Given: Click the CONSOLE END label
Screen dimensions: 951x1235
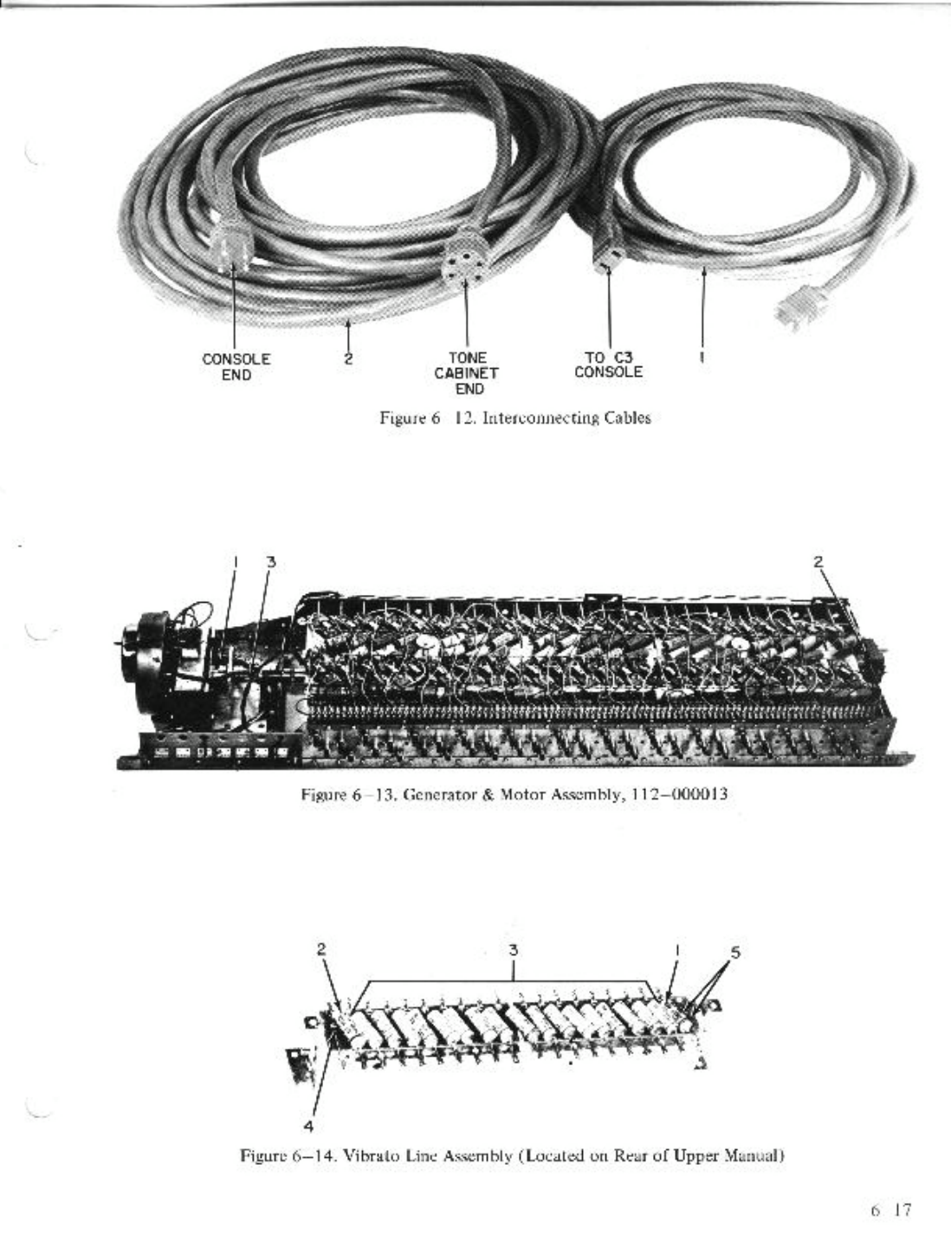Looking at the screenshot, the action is click(236, 366).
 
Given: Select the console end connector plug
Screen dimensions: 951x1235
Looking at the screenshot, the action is click(232, 242).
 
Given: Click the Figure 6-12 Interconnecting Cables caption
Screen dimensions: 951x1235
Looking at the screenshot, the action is click(515, 418).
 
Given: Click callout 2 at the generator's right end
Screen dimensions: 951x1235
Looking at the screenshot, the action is click(818, 560).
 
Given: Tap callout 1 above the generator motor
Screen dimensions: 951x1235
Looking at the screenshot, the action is click(234, 561).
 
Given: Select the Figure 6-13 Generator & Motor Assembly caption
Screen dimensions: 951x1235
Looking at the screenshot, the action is click(513, 793).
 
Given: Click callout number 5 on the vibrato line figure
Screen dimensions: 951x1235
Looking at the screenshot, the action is click(735, 951).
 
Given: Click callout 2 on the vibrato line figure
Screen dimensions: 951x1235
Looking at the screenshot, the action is click(321, 948).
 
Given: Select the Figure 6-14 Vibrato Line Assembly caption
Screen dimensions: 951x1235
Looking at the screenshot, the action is click(513, 1155).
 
